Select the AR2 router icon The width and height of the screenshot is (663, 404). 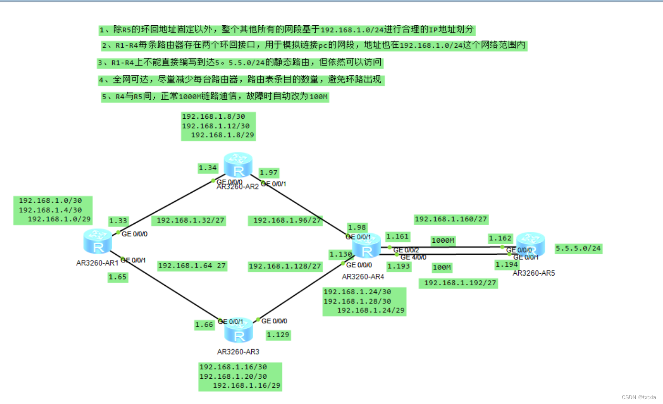tap(237, 165)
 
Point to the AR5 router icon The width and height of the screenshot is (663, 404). tap(530, 244)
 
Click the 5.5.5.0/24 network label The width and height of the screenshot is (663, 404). tap(578, 249)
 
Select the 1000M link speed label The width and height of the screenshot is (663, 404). tap(442, 241)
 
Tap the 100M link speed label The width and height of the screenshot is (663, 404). tap(442, 268)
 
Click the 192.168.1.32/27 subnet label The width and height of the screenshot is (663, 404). tap(191, 220)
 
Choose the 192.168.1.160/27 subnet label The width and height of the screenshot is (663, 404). tap(451, 219)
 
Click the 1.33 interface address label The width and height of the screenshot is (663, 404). tap(118, 221)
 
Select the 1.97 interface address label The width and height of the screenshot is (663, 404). tap(268, 173)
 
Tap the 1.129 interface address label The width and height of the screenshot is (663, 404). tap(278, 335)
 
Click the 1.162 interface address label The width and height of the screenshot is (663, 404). tap(500, 238)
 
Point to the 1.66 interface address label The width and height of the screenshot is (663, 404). tap(204, 325)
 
